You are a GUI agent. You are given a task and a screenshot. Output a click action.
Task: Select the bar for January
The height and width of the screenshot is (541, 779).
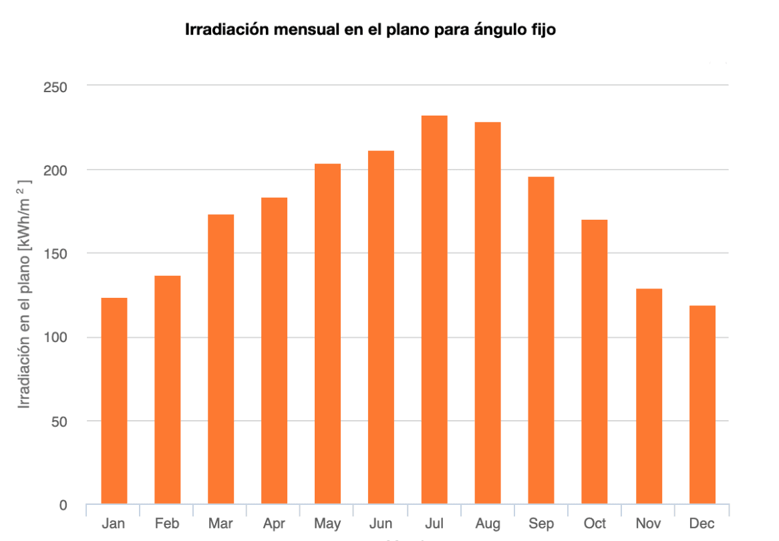coord(114,401)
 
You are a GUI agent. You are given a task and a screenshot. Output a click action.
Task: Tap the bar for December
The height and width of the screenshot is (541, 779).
coord(702,405)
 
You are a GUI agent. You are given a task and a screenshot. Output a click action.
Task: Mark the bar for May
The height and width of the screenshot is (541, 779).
coord(327,334)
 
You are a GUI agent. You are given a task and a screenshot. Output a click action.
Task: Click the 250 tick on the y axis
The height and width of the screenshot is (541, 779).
coord(57,86)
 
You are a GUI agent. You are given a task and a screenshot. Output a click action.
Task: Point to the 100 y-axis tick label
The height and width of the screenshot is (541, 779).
coord(57,337)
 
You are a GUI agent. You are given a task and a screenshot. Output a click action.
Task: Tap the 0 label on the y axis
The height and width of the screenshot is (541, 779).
coord(63,505)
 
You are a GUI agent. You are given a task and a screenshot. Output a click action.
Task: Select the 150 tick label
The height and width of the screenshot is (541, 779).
coord(57,254)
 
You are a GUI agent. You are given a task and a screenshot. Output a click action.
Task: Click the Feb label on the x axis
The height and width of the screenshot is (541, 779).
coord(167,524)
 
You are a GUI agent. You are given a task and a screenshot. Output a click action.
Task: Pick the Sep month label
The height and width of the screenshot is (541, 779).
coord(541,524)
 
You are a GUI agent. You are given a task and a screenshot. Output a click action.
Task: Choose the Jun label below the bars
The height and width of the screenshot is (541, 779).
coord(381,524)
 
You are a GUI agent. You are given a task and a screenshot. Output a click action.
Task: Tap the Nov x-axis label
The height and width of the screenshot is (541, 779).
coord(648,524)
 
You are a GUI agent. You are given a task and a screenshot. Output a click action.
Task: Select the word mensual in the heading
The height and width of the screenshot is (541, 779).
coord(296,30)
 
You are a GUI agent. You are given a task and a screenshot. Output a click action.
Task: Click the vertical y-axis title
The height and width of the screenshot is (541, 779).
coord(24,294)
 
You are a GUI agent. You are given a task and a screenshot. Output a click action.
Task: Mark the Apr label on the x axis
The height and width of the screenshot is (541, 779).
coord(274,524)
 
